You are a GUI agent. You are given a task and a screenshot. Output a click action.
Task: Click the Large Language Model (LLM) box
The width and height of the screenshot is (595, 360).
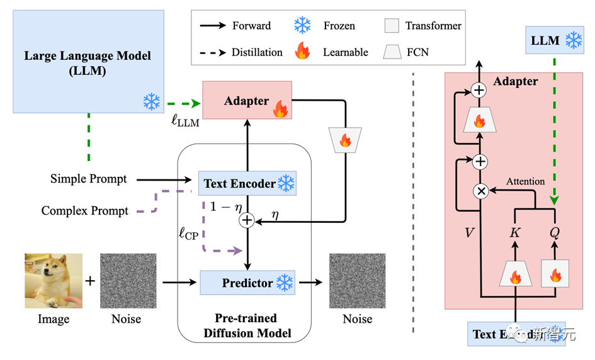pyautogui.click(x=88, y=63)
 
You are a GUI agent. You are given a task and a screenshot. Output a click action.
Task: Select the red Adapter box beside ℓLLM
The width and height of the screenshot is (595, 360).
pyautogui.click(x=246, y=101)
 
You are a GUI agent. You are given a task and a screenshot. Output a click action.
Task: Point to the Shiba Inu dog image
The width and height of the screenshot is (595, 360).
pyautogui.click(x=54, y=281)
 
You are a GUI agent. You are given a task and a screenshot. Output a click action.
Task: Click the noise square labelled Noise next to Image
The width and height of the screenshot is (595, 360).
pyautogui.click(x=128, y=281)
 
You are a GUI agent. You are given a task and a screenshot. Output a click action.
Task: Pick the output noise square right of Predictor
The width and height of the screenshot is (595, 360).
pyautogui.click(x=357, y=281)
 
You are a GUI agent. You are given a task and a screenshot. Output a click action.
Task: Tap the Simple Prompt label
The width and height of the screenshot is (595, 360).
pyautogui.click(x=88, y=179)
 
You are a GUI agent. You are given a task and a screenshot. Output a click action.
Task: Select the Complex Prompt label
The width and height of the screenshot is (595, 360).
pyautogui.click(x=85, y=211)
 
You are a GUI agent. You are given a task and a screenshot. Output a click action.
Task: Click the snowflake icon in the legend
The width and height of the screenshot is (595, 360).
pyautogui.click(x=303, y=26)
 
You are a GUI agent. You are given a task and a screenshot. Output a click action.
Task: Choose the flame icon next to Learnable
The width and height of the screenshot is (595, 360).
pyautogui.click(x=303, y=52)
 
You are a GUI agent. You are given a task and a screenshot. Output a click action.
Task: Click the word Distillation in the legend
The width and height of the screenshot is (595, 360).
pyautogui.click(x=257, y=52)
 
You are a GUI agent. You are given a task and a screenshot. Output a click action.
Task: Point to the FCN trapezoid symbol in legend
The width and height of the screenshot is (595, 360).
pyautogui.click(x=392, y=52)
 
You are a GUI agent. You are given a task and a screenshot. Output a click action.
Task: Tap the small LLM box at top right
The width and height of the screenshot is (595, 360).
pyautogui.click(x=554, y=41)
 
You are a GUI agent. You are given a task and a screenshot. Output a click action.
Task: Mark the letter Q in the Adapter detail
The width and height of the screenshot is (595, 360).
pyautogui.click(x=555, y=232)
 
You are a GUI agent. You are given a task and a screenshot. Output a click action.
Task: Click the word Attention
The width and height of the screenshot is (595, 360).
pyautogui.click(x=526, y=181)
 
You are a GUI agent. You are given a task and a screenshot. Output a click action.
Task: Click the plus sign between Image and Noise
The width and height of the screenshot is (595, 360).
pyautogui.click(x=91, y=281)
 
